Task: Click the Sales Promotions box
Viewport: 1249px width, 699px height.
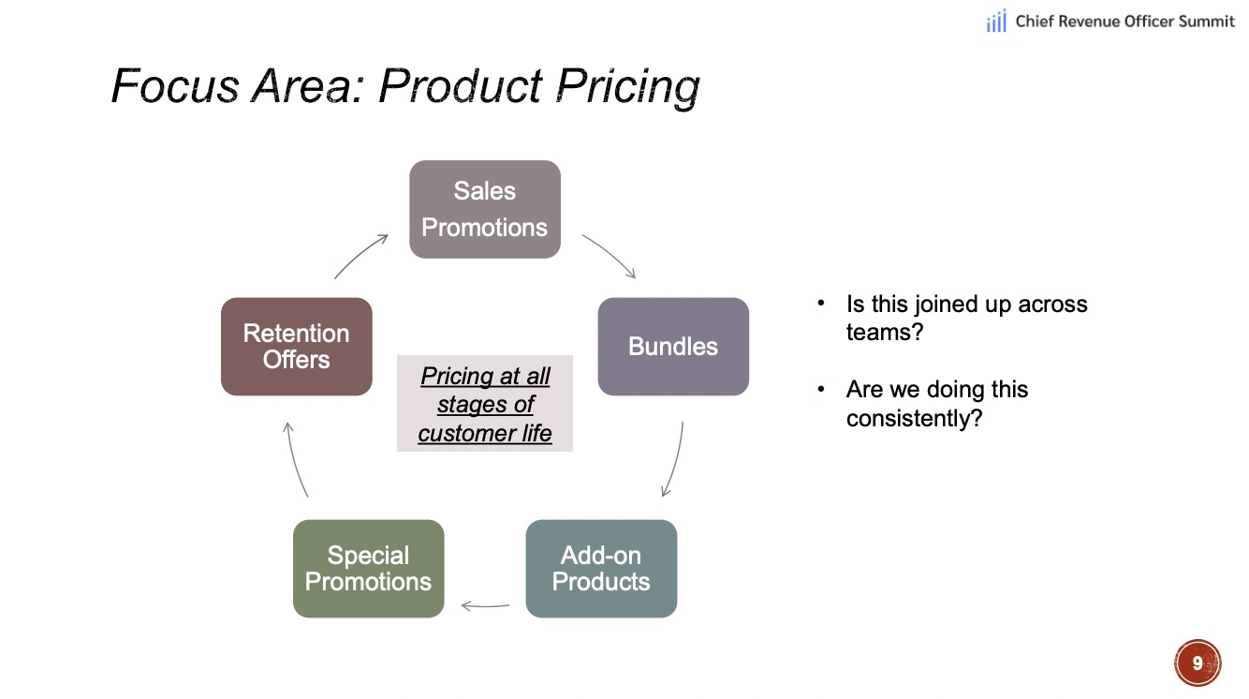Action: point(485,209)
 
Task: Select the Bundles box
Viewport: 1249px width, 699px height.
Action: point(673,347)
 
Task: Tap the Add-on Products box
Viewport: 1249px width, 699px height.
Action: point(601,569)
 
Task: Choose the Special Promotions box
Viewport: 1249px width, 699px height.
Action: point(369,569)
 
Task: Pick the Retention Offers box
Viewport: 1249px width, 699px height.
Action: point(297,347)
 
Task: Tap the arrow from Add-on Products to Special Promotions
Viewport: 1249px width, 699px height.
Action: point(485,606)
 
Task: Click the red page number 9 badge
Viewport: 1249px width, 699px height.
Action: point(1198,662)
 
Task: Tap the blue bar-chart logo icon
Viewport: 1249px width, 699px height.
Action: point(996,21)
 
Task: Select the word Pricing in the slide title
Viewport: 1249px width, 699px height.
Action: point(628,87)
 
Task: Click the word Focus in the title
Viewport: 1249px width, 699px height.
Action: point(175,86)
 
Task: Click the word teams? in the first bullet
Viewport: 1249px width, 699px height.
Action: point(885,333)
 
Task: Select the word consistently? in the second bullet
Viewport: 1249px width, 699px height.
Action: point(914,419)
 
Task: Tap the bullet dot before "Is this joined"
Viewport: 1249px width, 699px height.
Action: point(821,303)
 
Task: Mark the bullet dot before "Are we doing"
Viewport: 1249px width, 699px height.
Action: point(821,388)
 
